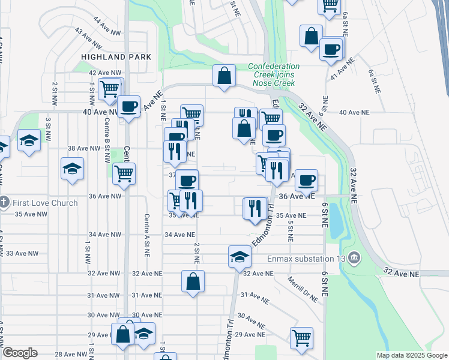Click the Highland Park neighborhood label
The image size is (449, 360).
pyautogui.click(x=116, y=56)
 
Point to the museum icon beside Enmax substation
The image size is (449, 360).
pyautogui.click(x=355, y=259)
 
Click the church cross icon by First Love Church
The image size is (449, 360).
pyautogui.click(x=4, y=202)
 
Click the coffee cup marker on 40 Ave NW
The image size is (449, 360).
pyautogui.click(x=129, y=107)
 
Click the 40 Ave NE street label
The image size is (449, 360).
pyautogui.click(x=354, y=112)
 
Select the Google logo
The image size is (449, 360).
pyautogui.click(x=19, y=353)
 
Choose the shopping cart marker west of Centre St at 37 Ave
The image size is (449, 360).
pyautogui.click(x=124, y=173)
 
